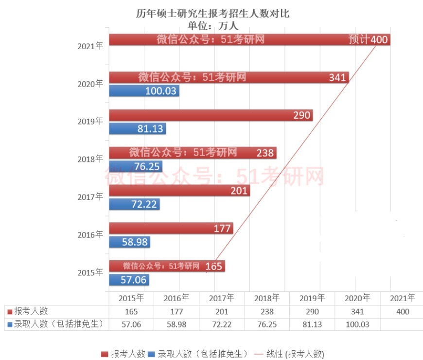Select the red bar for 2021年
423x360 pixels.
(x=249, y=39)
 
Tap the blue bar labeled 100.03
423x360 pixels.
(x=143, y=91)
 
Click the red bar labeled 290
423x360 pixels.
(x=210, y=115)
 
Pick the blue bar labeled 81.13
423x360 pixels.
(x=137, y=129)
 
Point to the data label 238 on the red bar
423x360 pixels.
(x=265, y=153)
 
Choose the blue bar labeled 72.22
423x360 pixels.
(x=134, y=204)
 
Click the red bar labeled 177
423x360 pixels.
(x=171, y=228)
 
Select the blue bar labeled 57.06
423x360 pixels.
(x=129, y=280)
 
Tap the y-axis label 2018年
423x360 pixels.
(x=90, y=159)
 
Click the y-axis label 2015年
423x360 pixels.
(x=90, y=272)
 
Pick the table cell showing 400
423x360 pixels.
(x=403, y=311)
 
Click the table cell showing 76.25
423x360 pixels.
(x=267, y=324)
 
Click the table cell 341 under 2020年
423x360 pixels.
(x=357, y=311)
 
